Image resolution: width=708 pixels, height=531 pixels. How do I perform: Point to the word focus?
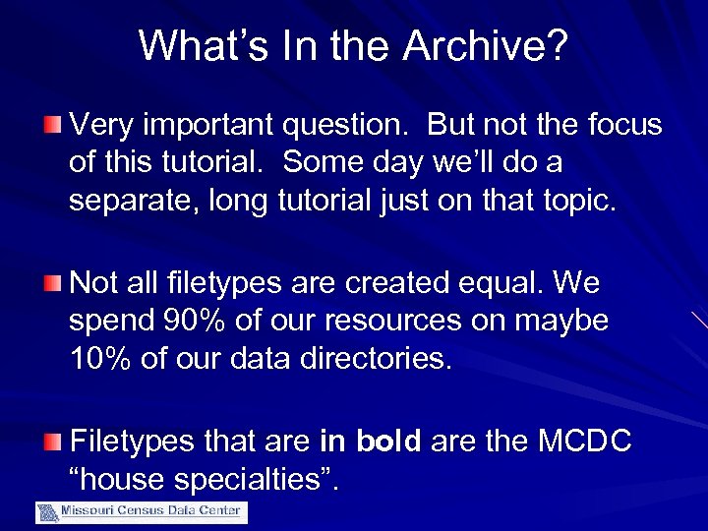click(x=623, y=125)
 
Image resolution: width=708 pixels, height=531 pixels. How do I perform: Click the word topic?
click(x=576, y=201)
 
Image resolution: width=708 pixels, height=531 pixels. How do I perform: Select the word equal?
click(x=501, y=283)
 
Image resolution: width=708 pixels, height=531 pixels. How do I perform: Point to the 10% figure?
click(x=100, y=359)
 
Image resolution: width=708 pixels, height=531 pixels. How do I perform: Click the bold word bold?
click(x=388, y=442)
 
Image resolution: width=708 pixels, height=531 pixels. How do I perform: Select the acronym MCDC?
click(x=584, y=442)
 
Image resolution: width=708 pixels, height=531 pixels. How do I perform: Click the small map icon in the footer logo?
click(x=47, y=512)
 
